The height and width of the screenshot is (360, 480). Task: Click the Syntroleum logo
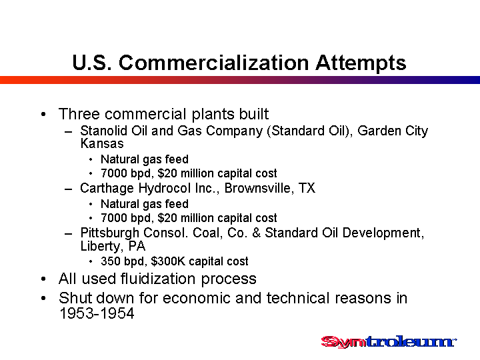tap(389, 341)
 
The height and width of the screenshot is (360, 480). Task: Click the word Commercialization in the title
tap(214, 63)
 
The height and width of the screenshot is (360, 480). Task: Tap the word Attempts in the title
tap(361, 64)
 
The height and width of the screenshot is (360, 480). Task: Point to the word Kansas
tap(102, 143)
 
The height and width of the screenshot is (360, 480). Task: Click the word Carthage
tap(107, 188)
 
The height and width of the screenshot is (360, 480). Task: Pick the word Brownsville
tap(257, 188)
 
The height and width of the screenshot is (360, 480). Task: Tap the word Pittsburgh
tap(109, 233)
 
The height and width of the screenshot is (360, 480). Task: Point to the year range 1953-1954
tap(97, 313)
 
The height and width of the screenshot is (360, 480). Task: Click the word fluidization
tap(158, 279)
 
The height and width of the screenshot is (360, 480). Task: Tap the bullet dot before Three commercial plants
tap(43, 115)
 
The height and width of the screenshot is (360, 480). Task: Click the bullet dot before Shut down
tap(43, 298)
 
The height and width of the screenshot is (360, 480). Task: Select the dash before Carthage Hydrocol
tap(69, 189)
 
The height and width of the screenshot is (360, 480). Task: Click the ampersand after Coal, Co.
tap(257, 233)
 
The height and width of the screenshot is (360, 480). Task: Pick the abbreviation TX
tap(307, 188)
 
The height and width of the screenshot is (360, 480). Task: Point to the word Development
tap(383, 233)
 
